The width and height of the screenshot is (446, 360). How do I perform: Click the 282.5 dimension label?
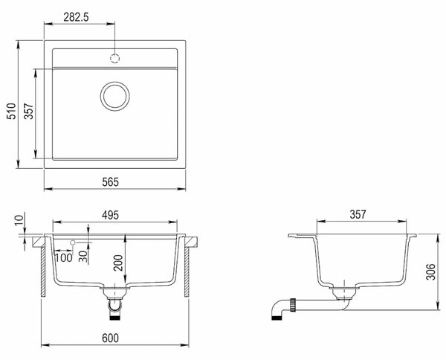point(76,17)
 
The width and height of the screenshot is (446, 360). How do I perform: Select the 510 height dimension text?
point(12,111)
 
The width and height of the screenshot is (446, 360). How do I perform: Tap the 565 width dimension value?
point(110,182)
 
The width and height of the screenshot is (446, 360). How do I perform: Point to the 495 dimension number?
point(110,215)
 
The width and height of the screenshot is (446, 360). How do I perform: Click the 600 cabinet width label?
point(110,338)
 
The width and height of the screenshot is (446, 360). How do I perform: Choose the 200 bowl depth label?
point(118,263)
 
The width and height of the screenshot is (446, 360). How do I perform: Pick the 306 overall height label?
point(430,272)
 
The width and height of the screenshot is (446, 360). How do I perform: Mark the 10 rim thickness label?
point(19,220)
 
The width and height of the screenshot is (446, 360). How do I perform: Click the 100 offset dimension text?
point(64,258)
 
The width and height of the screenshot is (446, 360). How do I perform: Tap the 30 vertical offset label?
point(83,257)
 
